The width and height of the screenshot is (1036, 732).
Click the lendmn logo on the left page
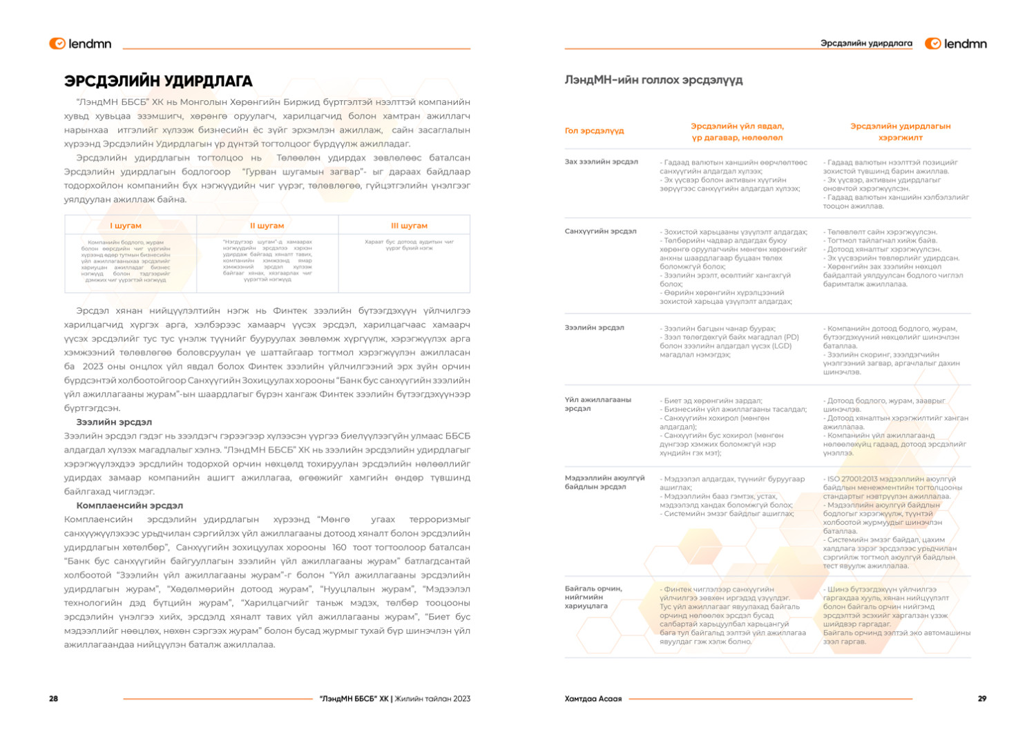80,44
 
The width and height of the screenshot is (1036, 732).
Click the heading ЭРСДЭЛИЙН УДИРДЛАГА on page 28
158,81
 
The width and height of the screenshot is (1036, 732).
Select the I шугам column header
126,226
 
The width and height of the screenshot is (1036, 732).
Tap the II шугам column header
267,226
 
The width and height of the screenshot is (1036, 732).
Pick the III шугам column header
409,226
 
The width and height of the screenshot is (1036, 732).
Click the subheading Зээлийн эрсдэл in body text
114,422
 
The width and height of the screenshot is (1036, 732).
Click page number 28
53,699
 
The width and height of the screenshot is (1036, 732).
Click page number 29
981,699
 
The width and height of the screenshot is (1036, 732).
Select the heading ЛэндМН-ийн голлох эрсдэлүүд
653,80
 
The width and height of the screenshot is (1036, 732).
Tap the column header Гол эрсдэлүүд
594,131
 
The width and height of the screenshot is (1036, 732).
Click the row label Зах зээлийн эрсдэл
601,162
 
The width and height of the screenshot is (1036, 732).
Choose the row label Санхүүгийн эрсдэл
600,231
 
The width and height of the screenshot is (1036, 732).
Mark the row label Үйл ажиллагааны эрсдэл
597,404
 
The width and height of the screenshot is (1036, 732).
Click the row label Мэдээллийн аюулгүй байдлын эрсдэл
604,482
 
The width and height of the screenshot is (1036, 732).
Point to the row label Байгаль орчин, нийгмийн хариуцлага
593,597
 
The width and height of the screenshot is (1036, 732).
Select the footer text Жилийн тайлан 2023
432,699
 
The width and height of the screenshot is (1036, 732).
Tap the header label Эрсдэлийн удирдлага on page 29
866,44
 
